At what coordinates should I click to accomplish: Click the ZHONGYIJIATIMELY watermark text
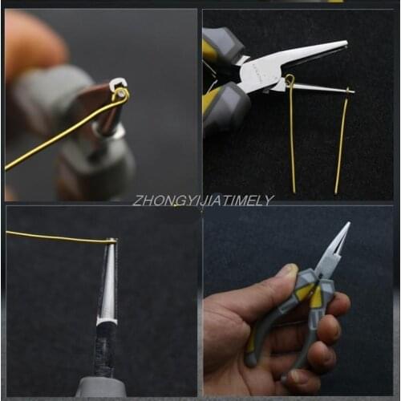(x=203, y=200)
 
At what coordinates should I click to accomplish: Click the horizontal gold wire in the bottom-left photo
(x=56, y=237)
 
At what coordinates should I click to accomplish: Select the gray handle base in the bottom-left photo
(x=101, y=388)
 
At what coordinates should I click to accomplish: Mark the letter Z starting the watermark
(x=137, y=200)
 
